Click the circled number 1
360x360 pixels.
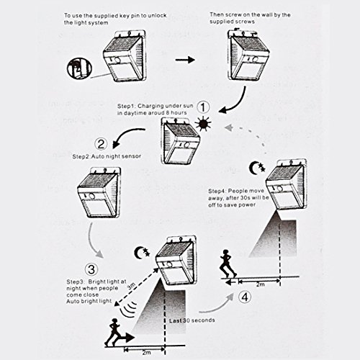pyautogui.click(x=203, y=107)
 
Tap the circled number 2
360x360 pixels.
pyautogui.click(x=101, y=144)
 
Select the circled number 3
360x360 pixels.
pyautogui.click(x=91, y=269)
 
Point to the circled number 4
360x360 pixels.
pyautogui.click(x=245, y=297)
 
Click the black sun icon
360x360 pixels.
pyautogui.click(x=203, y=125)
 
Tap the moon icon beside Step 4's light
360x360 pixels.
pyautogui.click(x=257, y=168)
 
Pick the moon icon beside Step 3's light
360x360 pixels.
pyautogui.click(x=142, y=253)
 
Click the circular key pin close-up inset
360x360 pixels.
pyautogui.click(x=79, y=68)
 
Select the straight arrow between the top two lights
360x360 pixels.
pyautogui.click(x=185, y=60)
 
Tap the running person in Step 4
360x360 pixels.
pyautogui.click(x=228, y=264)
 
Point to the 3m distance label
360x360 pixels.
pyautogui.click(x=131, y=287)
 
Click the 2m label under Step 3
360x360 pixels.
pyautogui.click(x=146, y=353)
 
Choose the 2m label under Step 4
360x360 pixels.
pyautogui.click(x=260, y=284)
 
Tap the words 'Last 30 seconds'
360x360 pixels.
pyautogui.click(x=192, y=320)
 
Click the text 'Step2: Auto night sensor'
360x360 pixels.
pyautogui.click(x=107, y=156)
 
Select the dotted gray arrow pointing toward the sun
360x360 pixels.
pyautogui.click(x=248, y=135)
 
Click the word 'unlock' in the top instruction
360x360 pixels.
pyautogui.click(x=157, y=16)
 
